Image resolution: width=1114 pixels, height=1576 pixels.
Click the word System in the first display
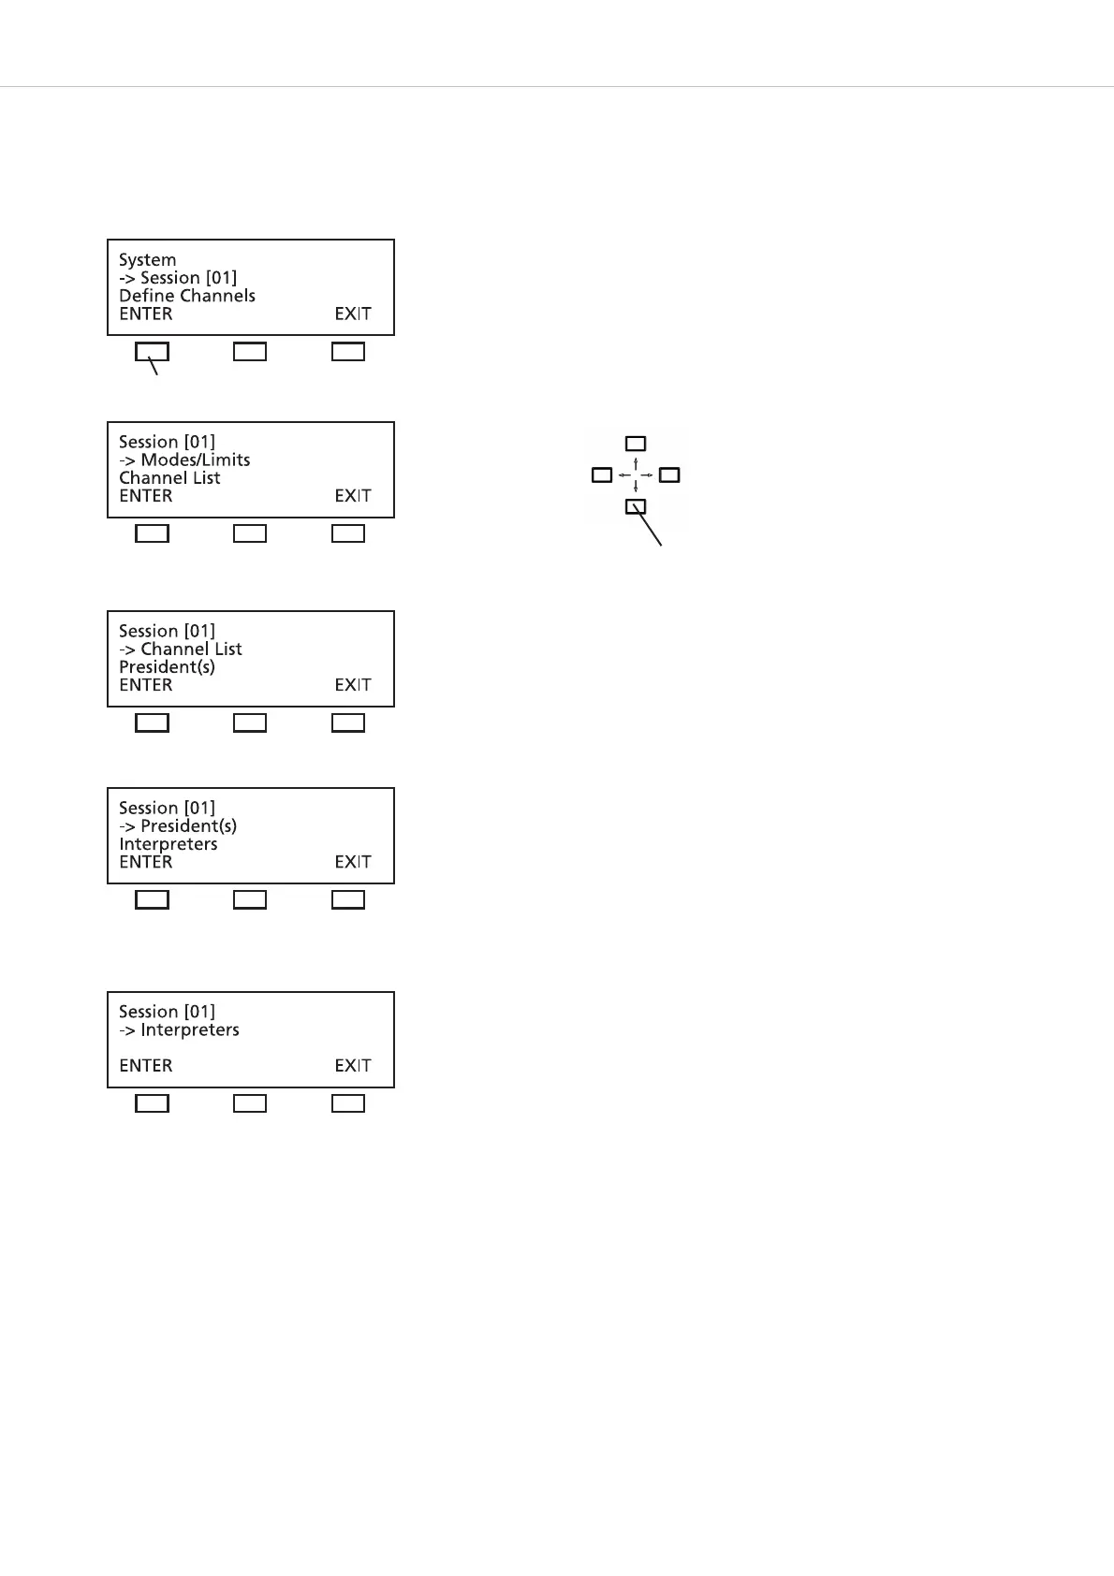[147, 260]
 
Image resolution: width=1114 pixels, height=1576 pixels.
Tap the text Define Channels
[187, 296]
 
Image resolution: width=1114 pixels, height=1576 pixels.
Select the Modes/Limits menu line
[184, 460]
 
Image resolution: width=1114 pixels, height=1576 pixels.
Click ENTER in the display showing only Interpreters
[146, 1066]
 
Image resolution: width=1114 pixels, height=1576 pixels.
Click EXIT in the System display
[353, 314]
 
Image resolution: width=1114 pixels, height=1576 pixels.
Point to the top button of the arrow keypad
[636, 444]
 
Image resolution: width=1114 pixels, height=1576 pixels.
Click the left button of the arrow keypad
[602, 475]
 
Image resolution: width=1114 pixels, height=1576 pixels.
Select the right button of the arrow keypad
[669, 475]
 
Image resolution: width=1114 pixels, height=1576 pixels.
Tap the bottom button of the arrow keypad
[636, 507]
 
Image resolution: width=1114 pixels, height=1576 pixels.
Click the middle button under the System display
[250, 352]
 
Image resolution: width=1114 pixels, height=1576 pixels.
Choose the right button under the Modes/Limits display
[348, 533]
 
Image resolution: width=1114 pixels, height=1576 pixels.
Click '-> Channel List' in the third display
[181, 649]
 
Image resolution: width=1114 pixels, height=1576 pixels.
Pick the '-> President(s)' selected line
[178, 826]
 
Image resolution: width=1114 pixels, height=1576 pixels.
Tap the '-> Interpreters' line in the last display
[179, 1030]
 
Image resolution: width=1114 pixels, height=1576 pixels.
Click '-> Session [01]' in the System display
[178, 278]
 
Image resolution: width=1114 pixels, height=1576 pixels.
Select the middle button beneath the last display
[250, 1104]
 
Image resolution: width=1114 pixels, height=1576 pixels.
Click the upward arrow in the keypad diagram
[636, 462]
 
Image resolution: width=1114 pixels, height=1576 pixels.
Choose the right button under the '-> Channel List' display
[348, 723]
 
